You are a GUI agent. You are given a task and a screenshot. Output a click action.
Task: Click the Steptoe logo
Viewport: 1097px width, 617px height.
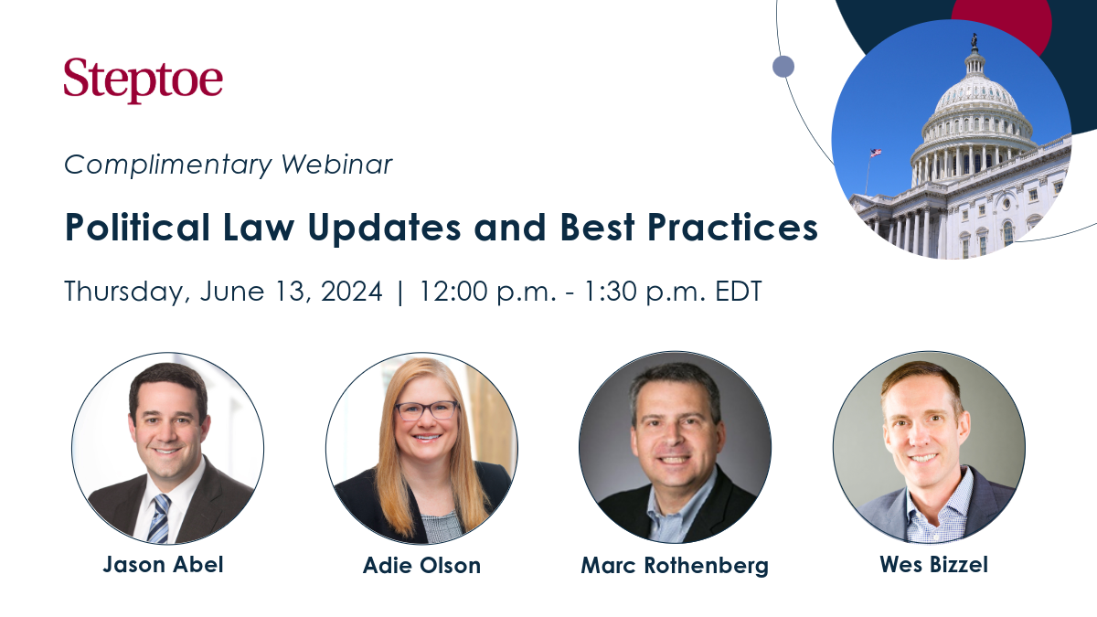click(143, 80)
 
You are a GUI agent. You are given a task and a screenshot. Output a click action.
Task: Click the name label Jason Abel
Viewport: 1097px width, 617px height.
click(163, 564)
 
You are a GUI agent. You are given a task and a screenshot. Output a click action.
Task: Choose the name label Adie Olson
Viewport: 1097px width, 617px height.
click(421, 565)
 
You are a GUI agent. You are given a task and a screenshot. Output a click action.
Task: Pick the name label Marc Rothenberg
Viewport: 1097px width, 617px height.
click(675, 565)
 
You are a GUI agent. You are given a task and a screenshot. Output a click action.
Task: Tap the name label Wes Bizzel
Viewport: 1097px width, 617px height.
click(933, 564)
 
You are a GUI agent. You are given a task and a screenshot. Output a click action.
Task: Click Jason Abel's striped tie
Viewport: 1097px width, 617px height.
click(159, 517)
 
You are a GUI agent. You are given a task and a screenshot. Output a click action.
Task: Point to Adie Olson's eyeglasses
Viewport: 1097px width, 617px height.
click(425, 410)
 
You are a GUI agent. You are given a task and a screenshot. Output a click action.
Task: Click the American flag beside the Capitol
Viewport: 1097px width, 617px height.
click(875, 153)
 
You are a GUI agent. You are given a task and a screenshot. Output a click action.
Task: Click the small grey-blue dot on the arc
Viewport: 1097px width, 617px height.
click(783, 66)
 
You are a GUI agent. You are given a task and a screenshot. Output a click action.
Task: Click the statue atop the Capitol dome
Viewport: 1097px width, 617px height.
click(975, 40)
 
